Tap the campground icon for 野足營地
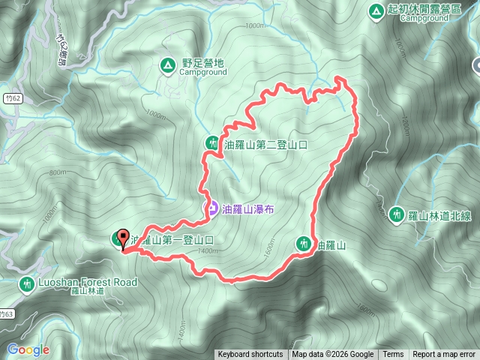click(166, 66)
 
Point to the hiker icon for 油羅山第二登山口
click(211, 143)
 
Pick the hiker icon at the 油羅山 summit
click(304, 244)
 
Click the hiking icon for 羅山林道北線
click(397, 215)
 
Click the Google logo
click(28, 349)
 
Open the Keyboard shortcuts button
click(250, 355)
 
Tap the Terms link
click(393, 355)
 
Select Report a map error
click(445, 355)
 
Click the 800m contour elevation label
click(58, 172)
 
